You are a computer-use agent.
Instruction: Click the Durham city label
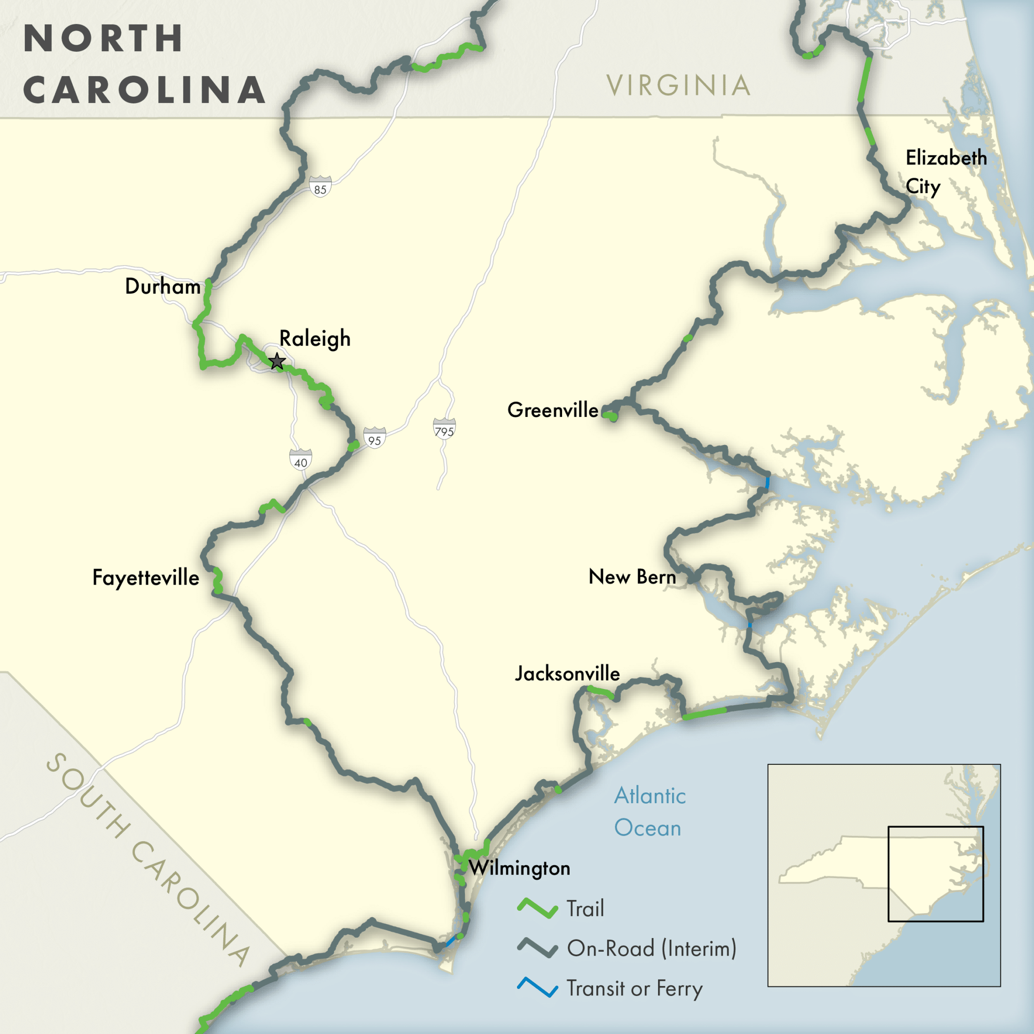(163, 286)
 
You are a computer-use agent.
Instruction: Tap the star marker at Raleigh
(277, 361)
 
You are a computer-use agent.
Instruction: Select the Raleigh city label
(315, 339)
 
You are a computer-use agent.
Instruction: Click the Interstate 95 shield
(375, 438)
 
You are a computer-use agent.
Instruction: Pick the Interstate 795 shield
(444, 429)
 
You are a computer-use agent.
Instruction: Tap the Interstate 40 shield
(301, 460)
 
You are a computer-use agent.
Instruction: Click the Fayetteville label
(146, 578)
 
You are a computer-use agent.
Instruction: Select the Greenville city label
(553, 410)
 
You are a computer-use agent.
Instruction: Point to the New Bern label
(632, 577)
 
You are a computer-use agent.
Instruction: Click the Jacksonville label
(567, 674)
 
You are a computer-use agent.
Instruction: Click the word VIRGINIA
(678, 86)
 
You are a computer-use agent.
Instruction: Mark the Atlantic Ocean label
(649, 811)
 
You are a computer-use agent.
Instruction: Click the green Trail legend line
(537, 908)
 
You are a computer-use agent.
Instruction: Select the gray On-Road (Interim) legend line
(537, 948)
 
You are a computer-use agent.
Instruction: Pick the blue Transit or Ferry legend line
(537, 987)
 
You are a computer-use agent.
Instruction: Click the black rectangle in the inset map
(935, 874)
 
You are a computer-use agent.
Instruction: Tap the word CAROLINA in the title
(144, 89)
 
